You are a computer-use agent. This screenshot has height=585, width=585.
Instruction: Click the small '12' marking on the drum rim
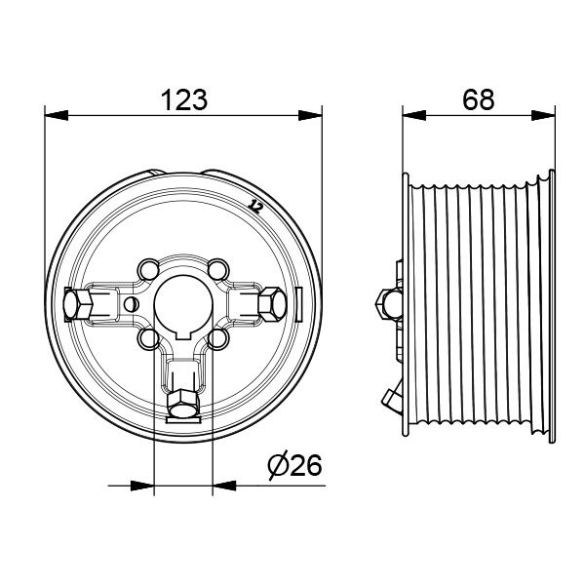coord(256,206)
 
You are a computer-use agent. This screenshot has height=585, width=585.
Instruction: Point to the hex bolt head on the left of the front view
coord(77,306)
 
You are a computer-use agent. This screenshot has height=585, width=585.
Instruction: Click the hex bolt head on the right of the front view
coord(272,304)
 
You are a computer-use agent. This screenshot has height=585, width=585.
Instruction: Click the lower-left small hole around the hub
coord(148,337)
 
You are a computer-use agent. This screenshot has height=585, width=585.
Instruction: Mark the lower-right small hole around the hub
coord(218,338)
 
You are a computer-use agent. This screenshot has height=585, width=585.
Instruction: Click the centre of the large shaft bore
coord(183,303)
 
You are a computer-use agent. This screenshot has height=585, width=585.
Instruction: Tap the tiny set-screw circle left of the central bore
coord(131,303)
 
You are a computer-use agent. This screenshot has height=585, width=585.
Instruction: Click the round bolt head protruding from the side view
coord(383,302)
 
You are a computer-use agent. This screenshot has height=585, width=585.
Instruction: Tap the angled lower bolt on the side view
coord(391,398)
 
